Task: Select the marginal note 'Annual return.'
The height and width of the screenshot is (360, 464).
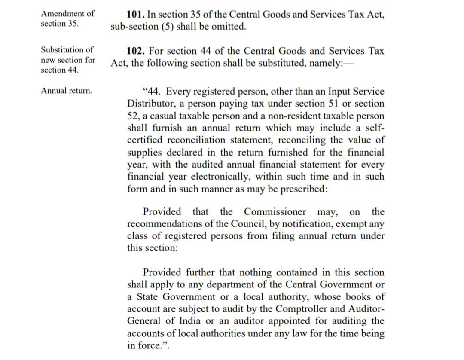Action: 66,91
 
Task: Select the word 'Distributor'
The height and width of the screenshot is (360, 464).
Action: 149,104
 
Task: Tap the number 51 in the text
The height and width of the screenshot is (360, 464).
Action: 334,104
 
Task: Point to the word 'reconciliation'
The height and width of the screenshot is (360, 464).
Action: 196,140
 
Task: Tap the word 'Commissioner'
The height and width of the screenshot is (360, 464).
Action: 275,212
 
